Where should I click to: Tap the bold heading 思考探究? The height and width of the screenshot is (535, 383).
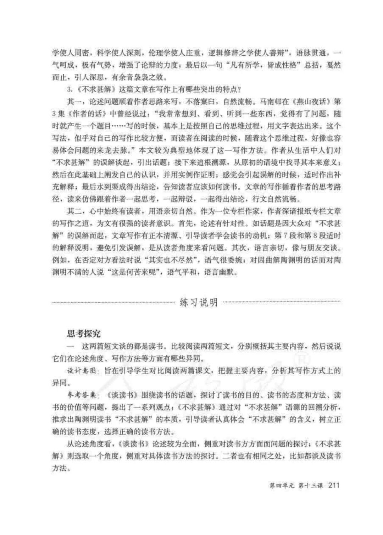[84, 333]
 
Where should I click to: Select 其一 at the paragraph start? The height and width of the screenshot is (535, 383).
[74, 101]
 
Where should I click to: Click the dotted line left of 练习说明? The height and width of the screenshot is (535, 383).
[113, 303]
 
